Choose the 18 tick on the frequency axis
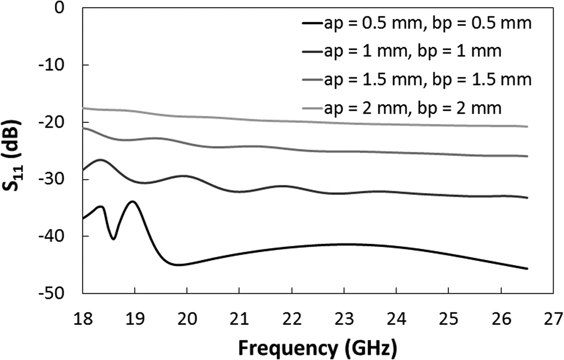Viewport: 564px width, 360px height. [x=83, y=318]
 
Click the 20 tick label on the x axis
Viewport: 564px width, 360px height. [x=187, y=318]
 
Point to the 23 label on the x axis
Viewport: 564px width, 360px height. [x=344, y=318]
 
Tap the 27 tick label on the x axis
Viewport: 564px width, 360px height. [x=553, y=318]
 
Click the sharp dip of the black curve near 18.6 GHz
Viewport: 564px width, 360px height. [x=113, y=239]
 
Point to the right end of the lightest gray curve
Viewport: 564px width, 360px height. [x=527, y=127]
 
